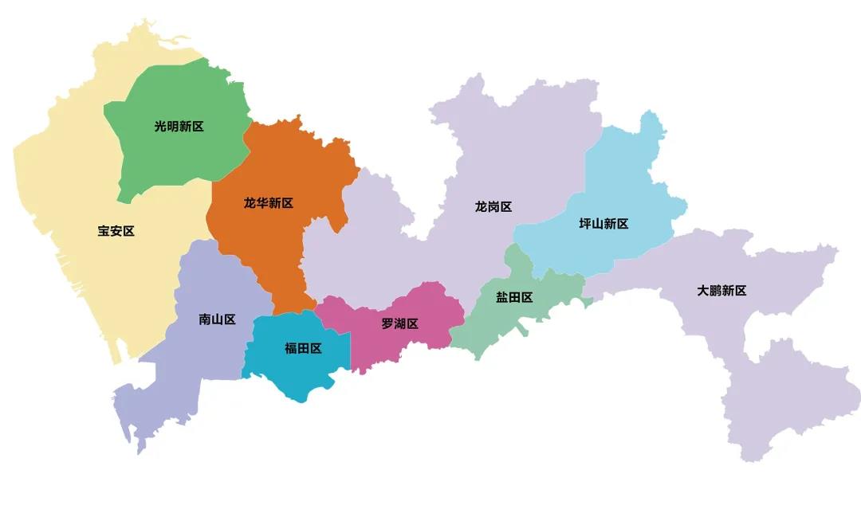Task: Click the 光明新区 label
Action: (179, 126)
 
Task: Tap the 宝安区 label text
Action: (116, 231)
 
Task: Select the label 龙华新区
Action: (269, 203)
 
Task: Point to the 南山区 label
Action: (217, 319)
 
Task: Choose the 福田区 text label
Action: (303, 348)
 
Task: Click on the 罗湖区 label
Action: (399, 323)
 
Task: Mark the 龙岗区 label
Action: (493, 206)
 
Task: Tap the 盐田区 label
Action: (514, 297)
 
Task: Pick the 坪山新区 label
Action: (603, 223)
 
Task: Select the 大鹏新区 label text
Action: (721, 290)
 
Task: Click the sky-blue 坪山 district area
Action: (630, 183)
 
